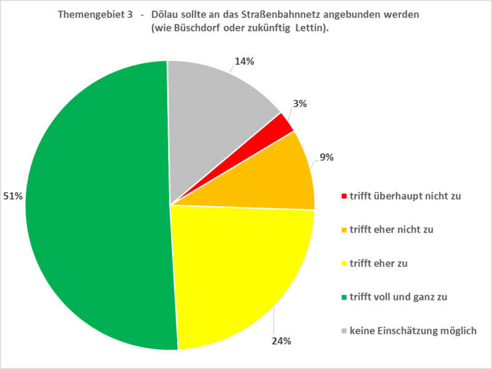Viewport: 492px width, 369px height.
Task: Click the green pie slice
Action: (92, 209)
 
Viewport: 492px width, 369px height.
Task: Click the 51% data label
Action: (14, 196)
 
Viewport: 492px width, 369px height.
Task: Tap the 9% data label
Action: (327, 157)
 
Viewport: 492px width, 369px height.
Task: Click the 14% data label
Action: (244, 61)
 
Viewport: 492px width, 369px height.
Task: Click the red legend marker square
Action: (344, 197)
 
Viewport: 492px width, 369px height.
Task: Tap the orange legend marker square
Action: (344, 230)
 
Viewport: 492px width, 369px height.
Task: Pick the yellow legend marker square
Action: (344, 264)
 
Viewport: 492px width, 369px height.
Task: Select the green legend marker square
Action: (344, 297)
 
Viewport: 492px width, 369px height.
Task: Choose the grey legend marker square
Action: (344, 331)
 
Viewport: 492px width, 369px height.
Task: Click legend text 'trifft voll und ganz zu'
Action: (399, 297)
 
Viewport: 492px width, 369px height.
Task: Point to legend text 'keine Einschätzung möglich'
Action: (413, 331)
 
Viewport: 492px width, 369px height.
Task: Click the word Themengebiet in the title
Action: (93, 15)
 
